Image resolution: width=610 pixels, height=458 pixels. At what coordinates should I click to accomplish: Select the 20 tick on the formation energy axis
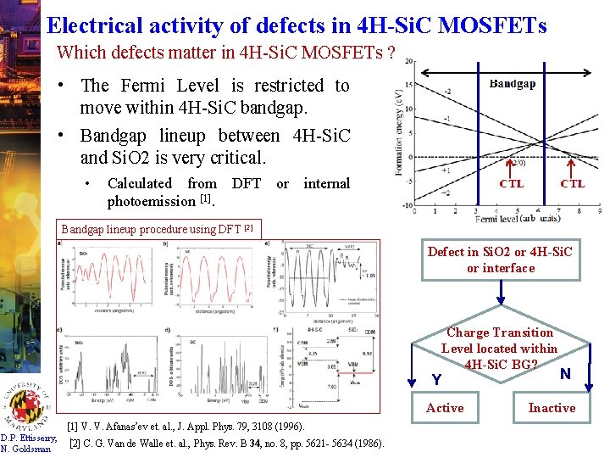coord(409,62)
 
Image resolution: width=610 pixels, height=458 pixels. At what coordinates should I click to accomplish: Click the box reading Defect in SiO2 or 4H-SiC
coord(500,260)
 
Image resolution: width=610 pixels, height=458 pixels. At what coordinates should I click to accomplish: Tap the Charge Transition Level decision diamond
coord(499,349)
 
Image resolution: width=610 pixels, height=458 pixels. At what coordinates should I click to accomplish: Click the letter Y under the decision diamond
coord(436,379)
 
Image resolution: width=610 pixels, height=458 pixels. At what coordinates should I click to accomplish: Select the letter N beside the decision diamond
coord(565,373)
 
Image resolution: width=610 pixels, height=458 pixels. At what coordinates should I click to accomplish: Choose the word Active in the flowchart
coord(445,408)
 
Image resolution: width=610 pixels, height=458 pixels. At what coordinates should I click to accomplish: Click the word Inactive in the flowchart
coord(552,408)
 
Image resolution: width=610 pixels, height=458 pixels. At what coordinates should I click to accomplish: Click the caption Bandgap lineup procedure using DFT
coord(157,228)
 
